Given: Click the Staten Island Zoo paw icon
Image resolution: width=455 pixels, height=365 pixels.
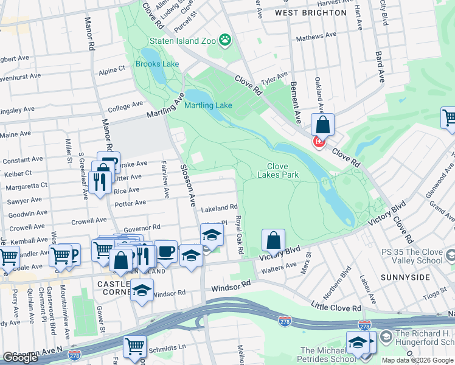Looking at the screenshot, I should (226, 40).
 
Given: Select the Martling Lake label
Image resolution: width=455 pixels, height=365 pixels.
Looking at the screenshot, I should (208, 105).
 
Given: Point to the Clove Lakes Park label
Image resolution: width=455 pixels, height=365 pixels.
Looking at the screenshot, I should (282, 170).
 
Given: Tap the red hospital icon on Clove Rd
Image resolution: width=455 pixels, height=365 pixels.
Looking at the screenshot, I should (318, 142).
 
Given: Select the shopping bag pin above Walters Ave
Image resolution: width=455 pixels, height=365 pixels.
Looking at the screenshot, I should (274, 240).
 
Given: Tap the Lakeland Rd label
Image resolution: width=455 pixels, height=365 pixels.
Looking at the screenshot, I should (220, 207).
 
